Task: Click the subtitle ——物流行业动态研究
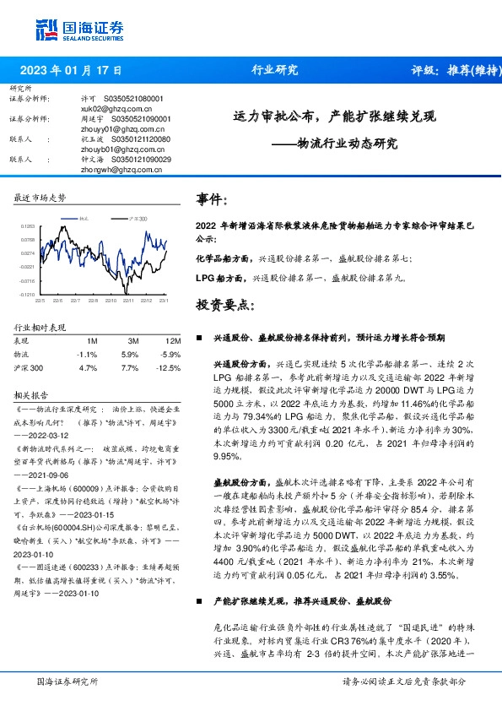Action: point(334,143)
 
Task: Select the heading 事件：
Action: point(212,201)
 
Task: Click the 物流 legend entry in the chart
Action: point(83,219)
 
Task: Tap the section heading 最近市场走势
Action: point(40,197)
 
